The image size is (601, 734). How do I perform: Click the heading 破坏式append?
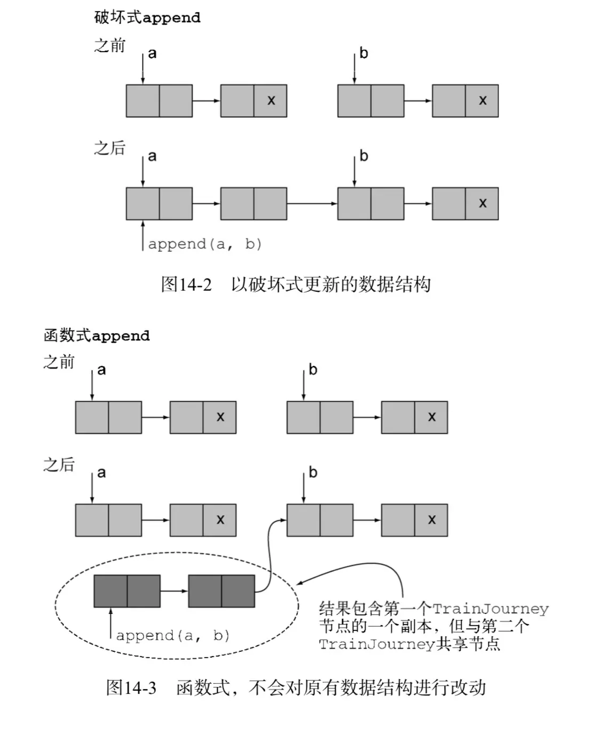[147, 18]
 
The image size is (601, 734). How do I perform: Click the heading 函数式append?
[97, 336]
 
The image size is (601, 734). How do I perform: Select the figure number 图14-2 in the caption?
[186, 284]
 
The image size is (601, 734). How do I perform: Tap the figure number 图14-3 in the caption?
[131, 688]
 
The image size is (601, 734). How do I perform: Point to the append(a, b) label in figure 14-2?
[205, 244]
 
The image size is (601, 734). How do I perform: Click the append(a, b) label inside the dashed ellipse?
[173, 636]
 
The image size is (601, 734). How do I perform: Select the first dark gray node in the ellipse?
[127, 591]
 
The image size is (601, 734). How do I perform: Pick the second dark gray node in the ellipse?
[222, 591]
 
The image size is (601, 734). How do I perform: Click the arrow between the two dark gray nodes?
[174, 591]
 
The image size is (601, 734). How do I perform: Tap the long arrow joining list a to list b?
[312, 203]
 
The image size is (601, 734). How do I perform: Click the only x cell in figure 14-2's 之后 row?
[483, 203]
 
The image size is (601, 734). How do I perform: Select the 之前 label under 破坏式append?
[109, 46]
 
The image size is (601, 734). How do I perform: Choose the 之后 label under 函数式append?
[59, 465]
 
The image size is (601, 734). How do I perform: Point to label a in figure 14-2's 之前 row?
[153, 53]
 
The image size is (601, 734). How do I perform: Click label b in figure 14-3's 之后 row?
[313, 473]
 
